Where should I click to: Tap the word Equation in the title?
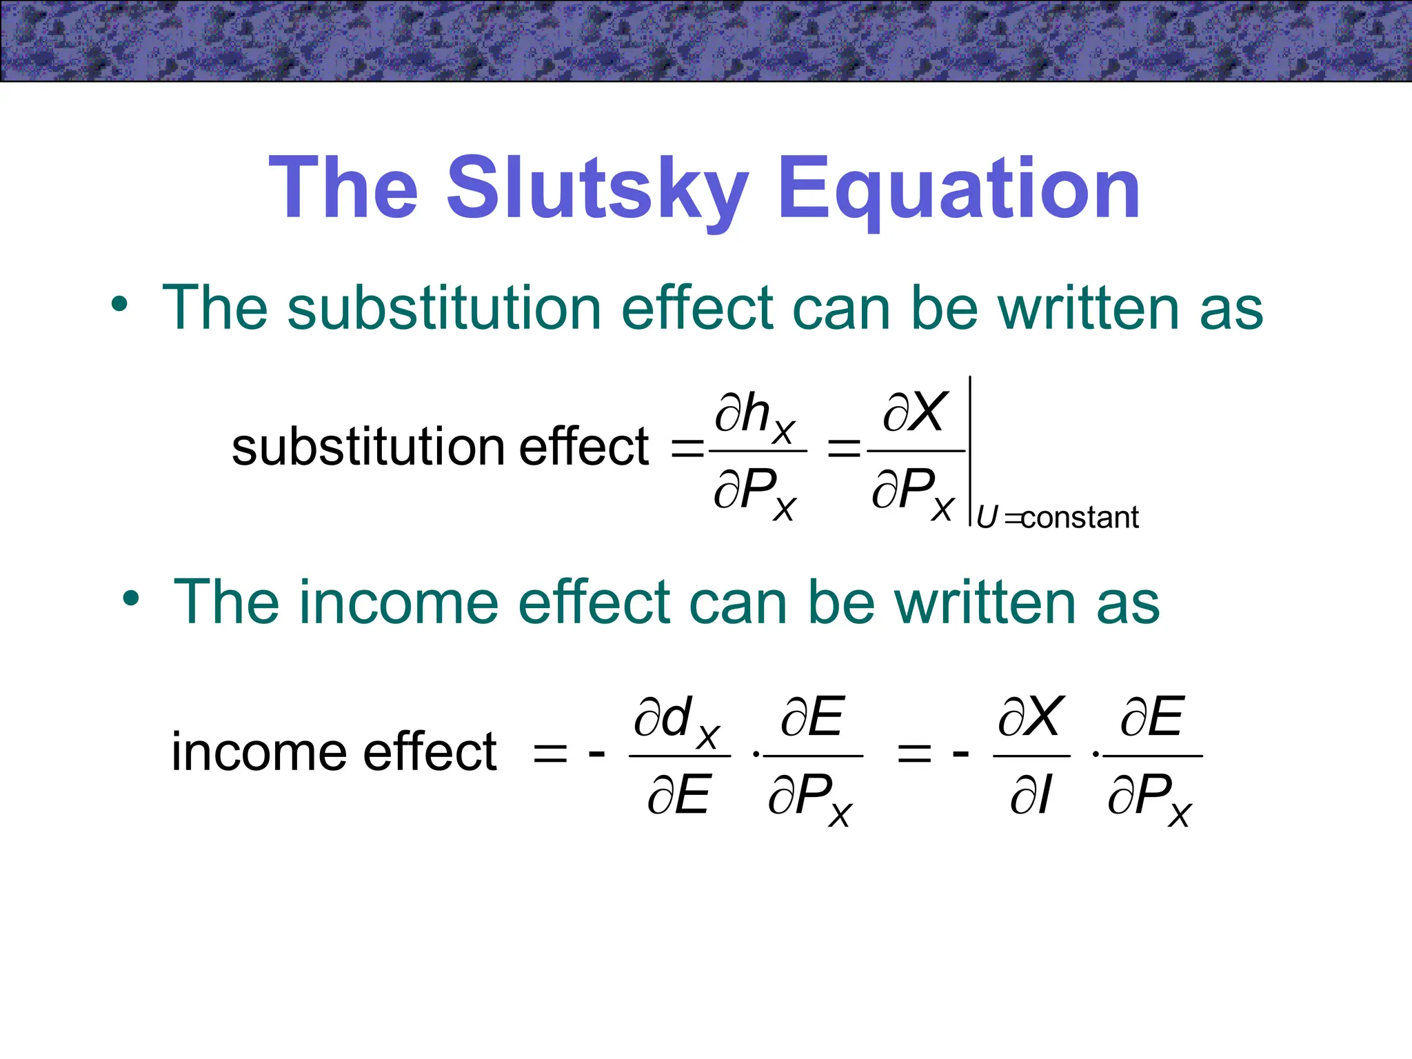[959, 188]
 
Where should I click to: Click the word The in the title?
[343, 188]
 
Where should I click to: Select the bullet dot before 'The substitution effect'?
[119, 305]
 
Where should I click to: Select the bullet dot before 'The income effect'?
[131, 598]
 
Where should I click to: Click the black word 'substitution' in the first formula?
[367, 447]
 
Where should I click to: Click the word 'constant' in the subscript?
[1080, 517]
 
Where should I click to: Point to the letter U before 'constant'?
[987, 517]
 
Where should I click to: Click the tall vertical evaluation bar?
[970, 452]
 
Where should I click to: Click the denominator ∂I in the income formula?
[1031, 795]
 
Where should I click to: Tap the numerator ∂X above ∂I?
[1031, 718]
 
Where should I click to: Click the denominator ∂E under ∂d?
[678, 795]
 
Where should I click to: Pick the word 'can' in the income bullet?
[738, 602]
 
